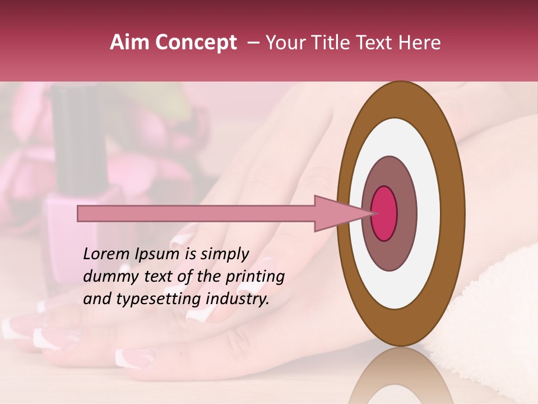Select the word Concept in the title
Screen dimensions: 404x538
click(x=196, y=43)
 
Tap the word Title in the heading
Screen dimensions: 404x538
click(x=334, y=43)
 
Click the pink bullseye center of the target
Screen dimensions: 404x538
click(x=384, y=213)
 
